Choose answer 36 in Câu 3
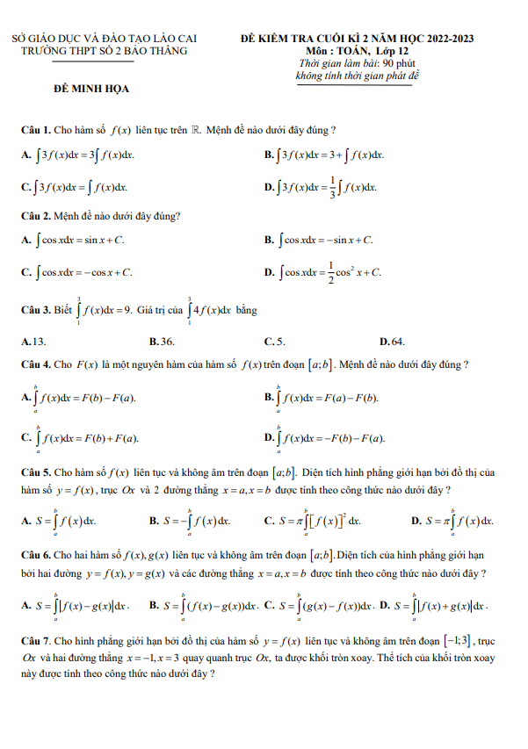coord(162,341)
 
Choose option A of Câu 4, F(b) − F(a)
coord(83,398)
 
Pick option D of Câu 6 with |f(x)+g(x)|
coord(439,606)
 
